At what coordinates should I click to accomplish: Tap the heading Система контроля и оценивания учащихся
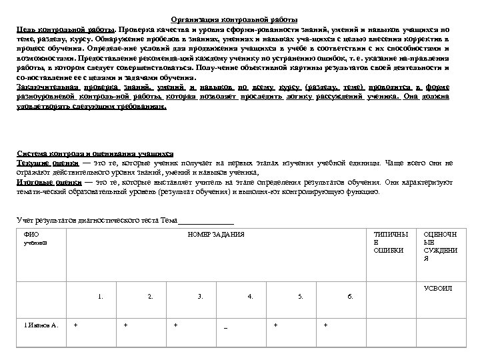click(x=95, y=153)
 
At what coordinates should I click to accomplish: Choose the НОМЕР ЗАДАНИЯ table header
click(x=216, y=235)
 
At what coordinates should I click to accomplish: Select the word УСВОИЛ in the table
click(x=438, y=288)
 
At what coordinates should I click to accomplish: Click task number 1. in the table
click(x=101, y=295)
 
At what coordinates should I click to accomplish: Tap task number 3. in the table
click(x=200, y=295)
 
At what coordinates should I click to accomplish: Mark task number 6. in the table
click(x=350, y=295)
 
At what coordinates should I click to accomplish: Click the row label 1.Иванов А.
click(x=37, y=325)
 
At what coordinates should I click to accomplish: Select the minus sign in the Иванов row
click(x=226, y=327)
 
